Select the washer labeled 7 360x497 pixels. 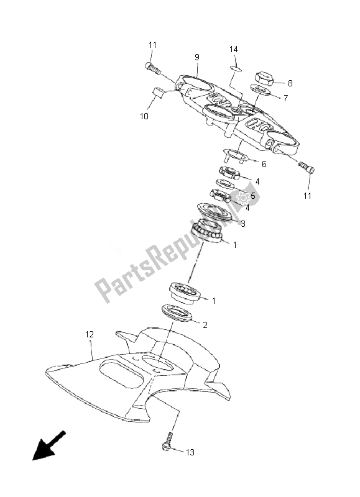point(261,89)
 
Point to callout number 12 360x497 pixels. point(90,334)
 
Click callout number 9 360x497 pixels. point(197,57)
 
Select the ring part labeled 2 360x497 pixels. point(175,313)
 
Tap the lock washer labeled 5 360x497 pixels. point(225,184)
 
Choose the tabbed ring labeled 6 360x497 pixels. point(235,155)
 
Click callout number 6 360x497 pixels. point(264,164)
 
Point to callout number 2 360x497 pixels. point(205,325)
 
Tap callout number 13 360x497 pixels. point(190,452)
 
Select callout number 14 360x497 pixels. point(234,49)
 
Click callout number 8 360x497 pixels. point(290,83)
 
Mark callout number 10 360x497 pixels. point(144,116)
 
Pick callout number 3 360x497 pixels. point(243,224)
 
